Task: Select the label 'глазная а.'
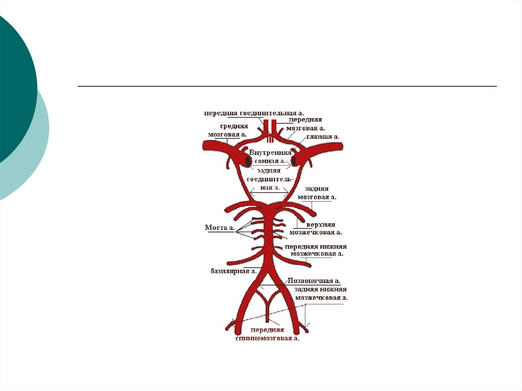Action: point(322,137)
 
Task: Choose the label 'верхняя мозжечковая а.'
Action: point(316,228)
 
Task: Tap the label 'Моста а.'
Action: point(220,228)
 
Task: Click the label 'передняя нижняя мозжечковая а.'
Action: point(316,250)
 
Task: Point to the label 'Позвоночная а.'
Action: point(314,280)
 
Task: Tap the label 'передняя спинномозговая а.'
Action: point(267,334)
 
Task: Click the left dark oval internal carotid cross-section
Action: point(248,161)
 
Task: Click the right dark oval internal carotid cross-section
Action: point(294,161)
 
